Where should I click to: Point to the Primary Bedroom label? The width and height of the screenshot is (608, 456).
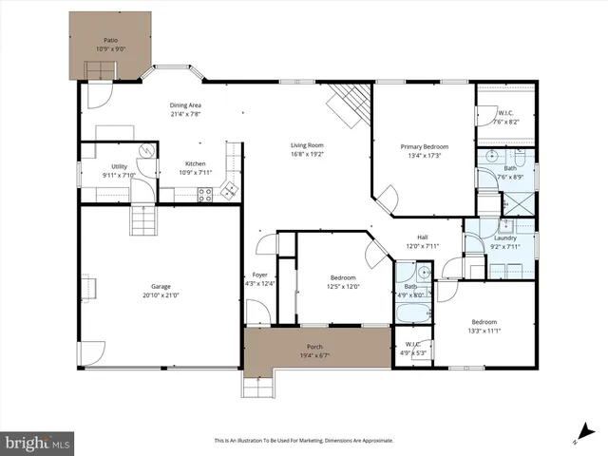tap(424, 146)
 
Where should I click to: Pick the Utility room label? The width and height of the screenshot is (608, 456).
tap(119, 165)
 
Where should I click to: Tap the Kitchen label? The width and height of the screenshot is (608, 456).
tap(195, 163)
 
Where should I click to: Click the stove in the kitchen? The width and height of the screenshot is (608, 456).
tap(204, 194)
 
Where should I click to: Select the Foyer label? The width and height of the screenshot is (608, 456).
tap(260, 275)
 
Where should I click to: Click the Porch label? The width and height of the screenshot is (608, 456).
tap(314, 346)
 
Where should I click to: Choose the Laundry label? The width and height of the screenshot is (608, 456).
tap(504, 238)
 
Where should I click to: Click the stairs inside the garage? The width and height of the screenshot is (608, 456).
tap(142, 220)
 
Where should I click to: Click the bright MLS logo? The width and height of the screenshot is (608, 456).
tap(37, 443)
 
